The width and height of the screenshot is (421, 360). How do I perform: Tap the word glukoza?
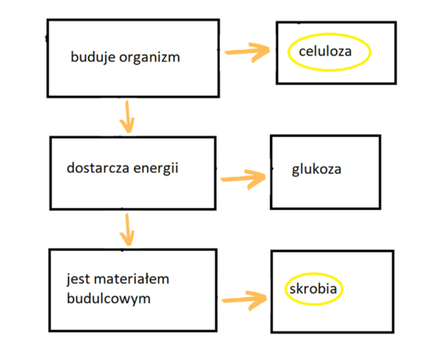click(x=316, y=169)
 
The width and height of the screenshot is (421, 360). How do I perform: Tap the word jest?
click(x=78, y=279)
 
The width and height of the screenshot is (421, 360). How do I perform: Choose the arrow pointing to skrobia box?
click(x=245, y=299)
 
